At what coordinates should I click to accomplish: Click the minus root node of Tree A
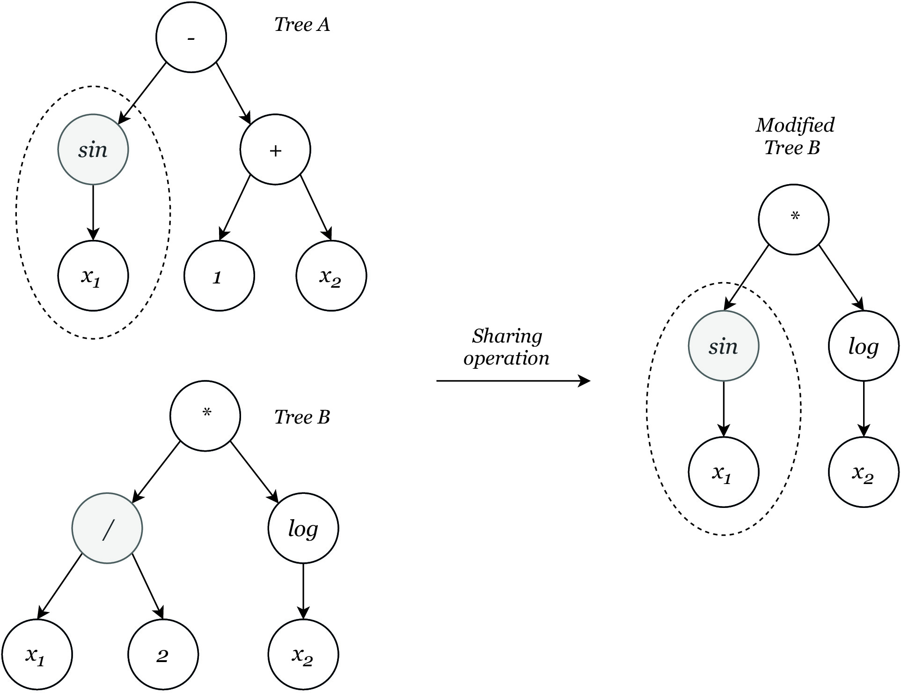[191, 37]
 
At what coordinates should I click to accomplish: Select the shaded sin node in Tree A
[93, 149]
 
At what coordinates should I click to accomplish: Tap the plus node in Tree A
[275, 149]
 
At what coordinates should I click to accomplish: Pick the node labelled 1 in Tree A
[219, 276]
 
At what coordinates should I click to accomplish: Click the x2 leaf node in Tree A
[331, 276]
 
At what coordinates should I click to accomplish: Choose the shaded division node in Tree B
[107, 528]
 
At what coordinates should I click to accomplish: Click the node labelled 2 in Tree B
[163, 655]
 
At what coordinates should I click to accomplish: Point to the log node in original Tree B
[303, 528]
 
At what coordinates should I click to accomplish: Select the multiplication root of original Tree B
[205, 416]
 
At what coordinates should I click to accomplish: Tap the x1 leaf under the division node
[37, 655]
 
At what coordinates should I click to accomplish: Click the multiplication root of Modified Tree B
[794, 219]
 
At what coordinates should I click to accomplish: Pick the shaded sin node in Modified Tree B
[724, 346]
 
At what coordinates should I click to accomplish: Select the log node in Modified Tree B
[864, 346]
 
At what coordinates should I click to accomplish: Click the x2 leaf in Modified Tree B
[864, 472]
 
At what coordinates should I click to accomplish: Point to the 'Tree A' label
[302, 25]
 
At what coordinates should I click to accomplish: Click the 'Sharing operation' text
[506, 347]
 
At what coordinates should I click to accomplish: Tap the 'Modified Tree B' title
[795, 136]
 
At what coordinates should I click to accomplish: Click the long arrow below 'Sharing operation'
[513, 381]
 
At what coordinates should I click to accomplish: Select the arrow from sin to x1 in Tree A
[93, 213]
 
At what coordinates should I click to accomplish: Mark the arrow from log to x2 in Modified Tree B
[864, 409]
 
